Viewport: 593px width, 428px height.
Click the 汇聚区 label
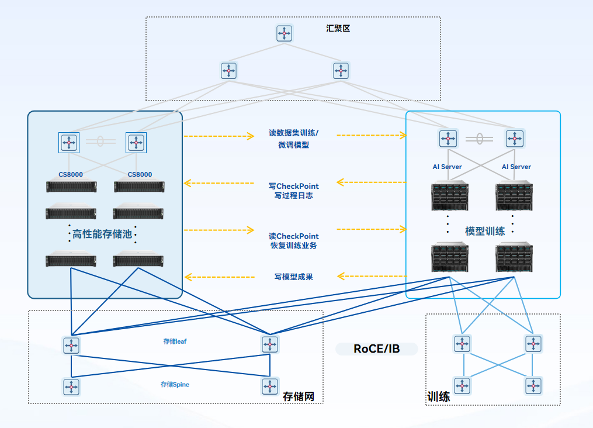(338, 28)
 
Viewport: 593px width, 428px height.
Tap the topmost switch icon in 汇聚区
(285, 33)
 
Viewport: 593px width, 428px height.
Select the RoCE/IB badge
(377, 349)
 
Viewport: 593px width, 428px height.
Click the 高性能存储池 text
(102, 234)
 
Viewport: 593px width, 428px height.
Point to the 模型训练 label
(485, 231)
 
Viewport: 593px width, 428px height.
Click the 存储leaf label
(175, 341)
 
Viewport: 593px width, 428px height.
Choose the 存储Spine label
(175, 385)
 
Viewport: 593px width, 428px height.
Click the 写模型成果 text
(294, 277)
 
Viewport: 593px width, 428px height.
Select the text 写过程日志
(294, 196)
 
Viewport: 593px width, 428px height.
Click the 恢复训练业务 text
(294, 246)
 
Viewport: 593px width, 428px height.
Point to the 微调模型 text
(294, 145)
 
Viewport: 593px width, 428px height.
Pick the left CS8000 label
(71, 174)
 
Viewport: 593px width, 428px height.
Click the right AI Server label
(516, 167)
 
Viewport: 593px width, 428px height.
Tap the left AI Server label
(448, 167)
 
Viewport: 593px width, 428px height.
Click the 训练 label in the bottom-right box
(439, 398)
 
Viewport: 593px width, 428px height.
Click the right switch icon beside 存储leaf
(270, 344)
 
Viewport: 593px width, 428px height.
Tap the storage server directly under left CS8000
(72, 187)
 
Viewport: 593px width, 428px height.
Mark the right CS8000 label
(140, 174)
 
